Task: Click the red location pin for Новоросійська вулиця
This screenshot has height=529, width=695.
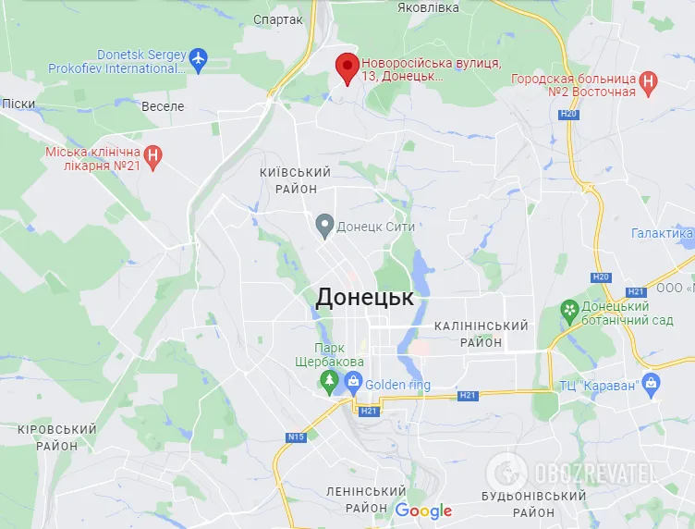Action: click(x=347, y=68)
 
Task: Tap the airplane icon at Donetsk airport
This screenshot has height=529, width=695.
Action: click(x=198, y=60)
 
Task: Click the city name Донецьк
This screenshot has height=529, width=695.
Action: click(x=364, y=297)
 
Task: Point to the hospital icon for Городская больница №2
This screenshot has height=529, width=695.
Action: click(x=649, y=83)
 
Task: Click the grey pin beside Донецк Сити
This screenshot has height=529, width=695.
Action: click(x=324, y=224)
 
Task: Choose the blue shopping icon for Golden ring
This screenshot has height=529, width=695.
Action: click(x=353, y=380)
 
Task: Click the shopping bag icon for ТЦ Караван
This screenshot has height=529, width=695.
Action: click(x=652, y=383)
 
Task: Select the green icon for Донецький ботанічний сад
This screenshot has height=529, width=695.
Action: click(x=570, y=313)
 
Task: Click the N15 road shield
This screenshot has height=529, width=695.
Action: click(x=296, y=437)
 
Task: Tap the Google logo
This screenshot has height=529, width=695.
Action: click(x=423, y=511)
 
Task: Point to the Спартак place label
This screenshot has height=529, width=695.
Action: click(x=277, y=18)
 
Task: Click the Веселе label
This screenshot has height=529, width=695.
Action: click(x=163, y=106)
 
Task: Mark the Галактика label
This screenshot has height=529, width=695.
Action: click(x=661, y=234)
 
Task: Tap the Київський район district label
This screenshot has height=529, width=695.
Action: click(x=296, y=180)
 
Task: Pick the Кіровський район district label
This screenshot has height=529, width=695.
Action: click(x=56, y=437)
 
